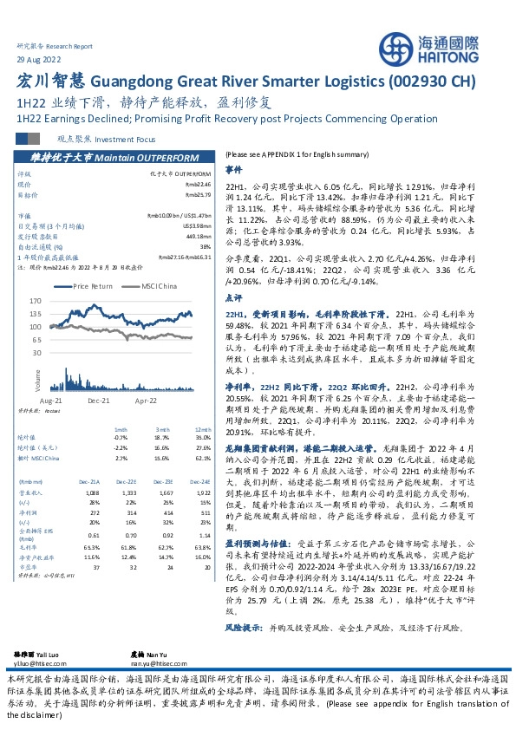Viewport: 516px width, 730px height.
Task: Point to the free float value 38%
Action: tap(206, 246)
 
